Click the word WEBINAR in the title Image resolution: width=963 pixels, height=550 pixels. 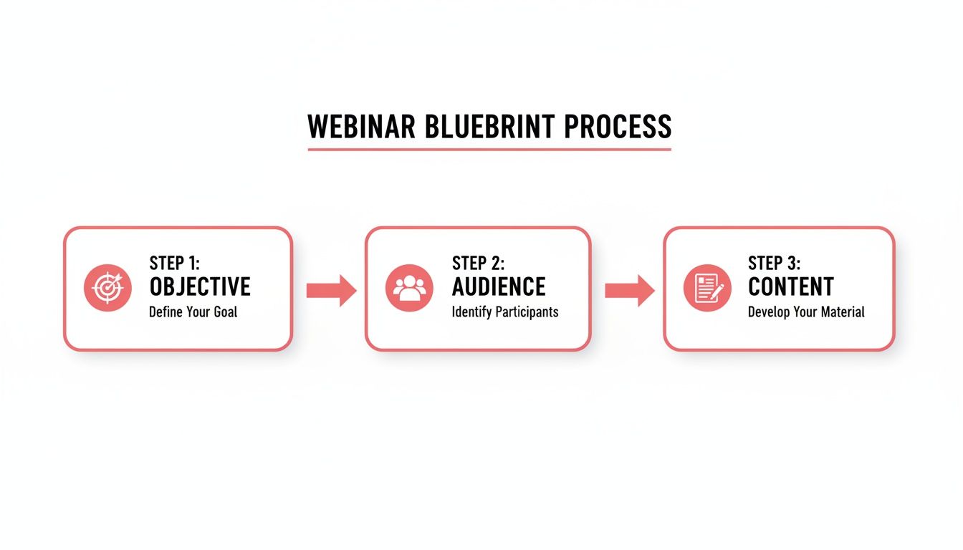click(361, 127)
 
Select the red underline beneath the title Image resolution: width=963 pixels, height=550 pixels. click(489, 150)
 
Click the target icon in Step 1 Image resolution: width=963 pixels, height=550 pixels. click(107, 288)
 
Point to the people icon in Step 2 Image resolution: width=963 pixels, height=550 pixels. click(409, 288)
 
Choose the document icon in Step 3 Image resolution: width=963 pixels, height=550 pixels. click(707, 288)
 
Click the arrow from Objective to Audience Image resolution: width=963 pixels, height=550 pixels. click(331, 290)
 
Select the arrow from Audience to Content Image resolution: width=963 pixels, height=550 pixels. click(629, 290)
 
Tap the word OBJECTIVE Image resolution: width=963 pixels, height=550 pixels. click(200, 287)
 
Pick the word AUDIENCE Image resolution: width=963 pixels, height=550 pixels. click(499, 287)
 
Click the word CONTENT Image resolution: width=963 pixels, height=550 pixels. click(790, 287)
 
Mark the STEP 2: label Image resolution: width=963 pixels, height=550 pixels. click(479, 263)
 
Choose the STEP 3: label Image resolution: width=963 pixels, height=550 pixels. click(775, 263)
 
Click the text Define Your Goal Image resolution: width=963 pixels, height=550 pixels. click(193, 312)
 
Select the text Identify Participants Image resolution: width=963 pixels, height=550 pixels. click(505, 312)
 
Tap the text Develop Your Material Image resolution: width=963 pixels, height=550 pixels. click(806, 312)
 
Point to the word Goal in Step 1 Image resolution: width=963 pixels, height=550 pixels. click(224, 312)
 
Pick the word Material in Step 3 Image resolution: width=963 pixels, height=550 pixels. click(840, 312)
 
